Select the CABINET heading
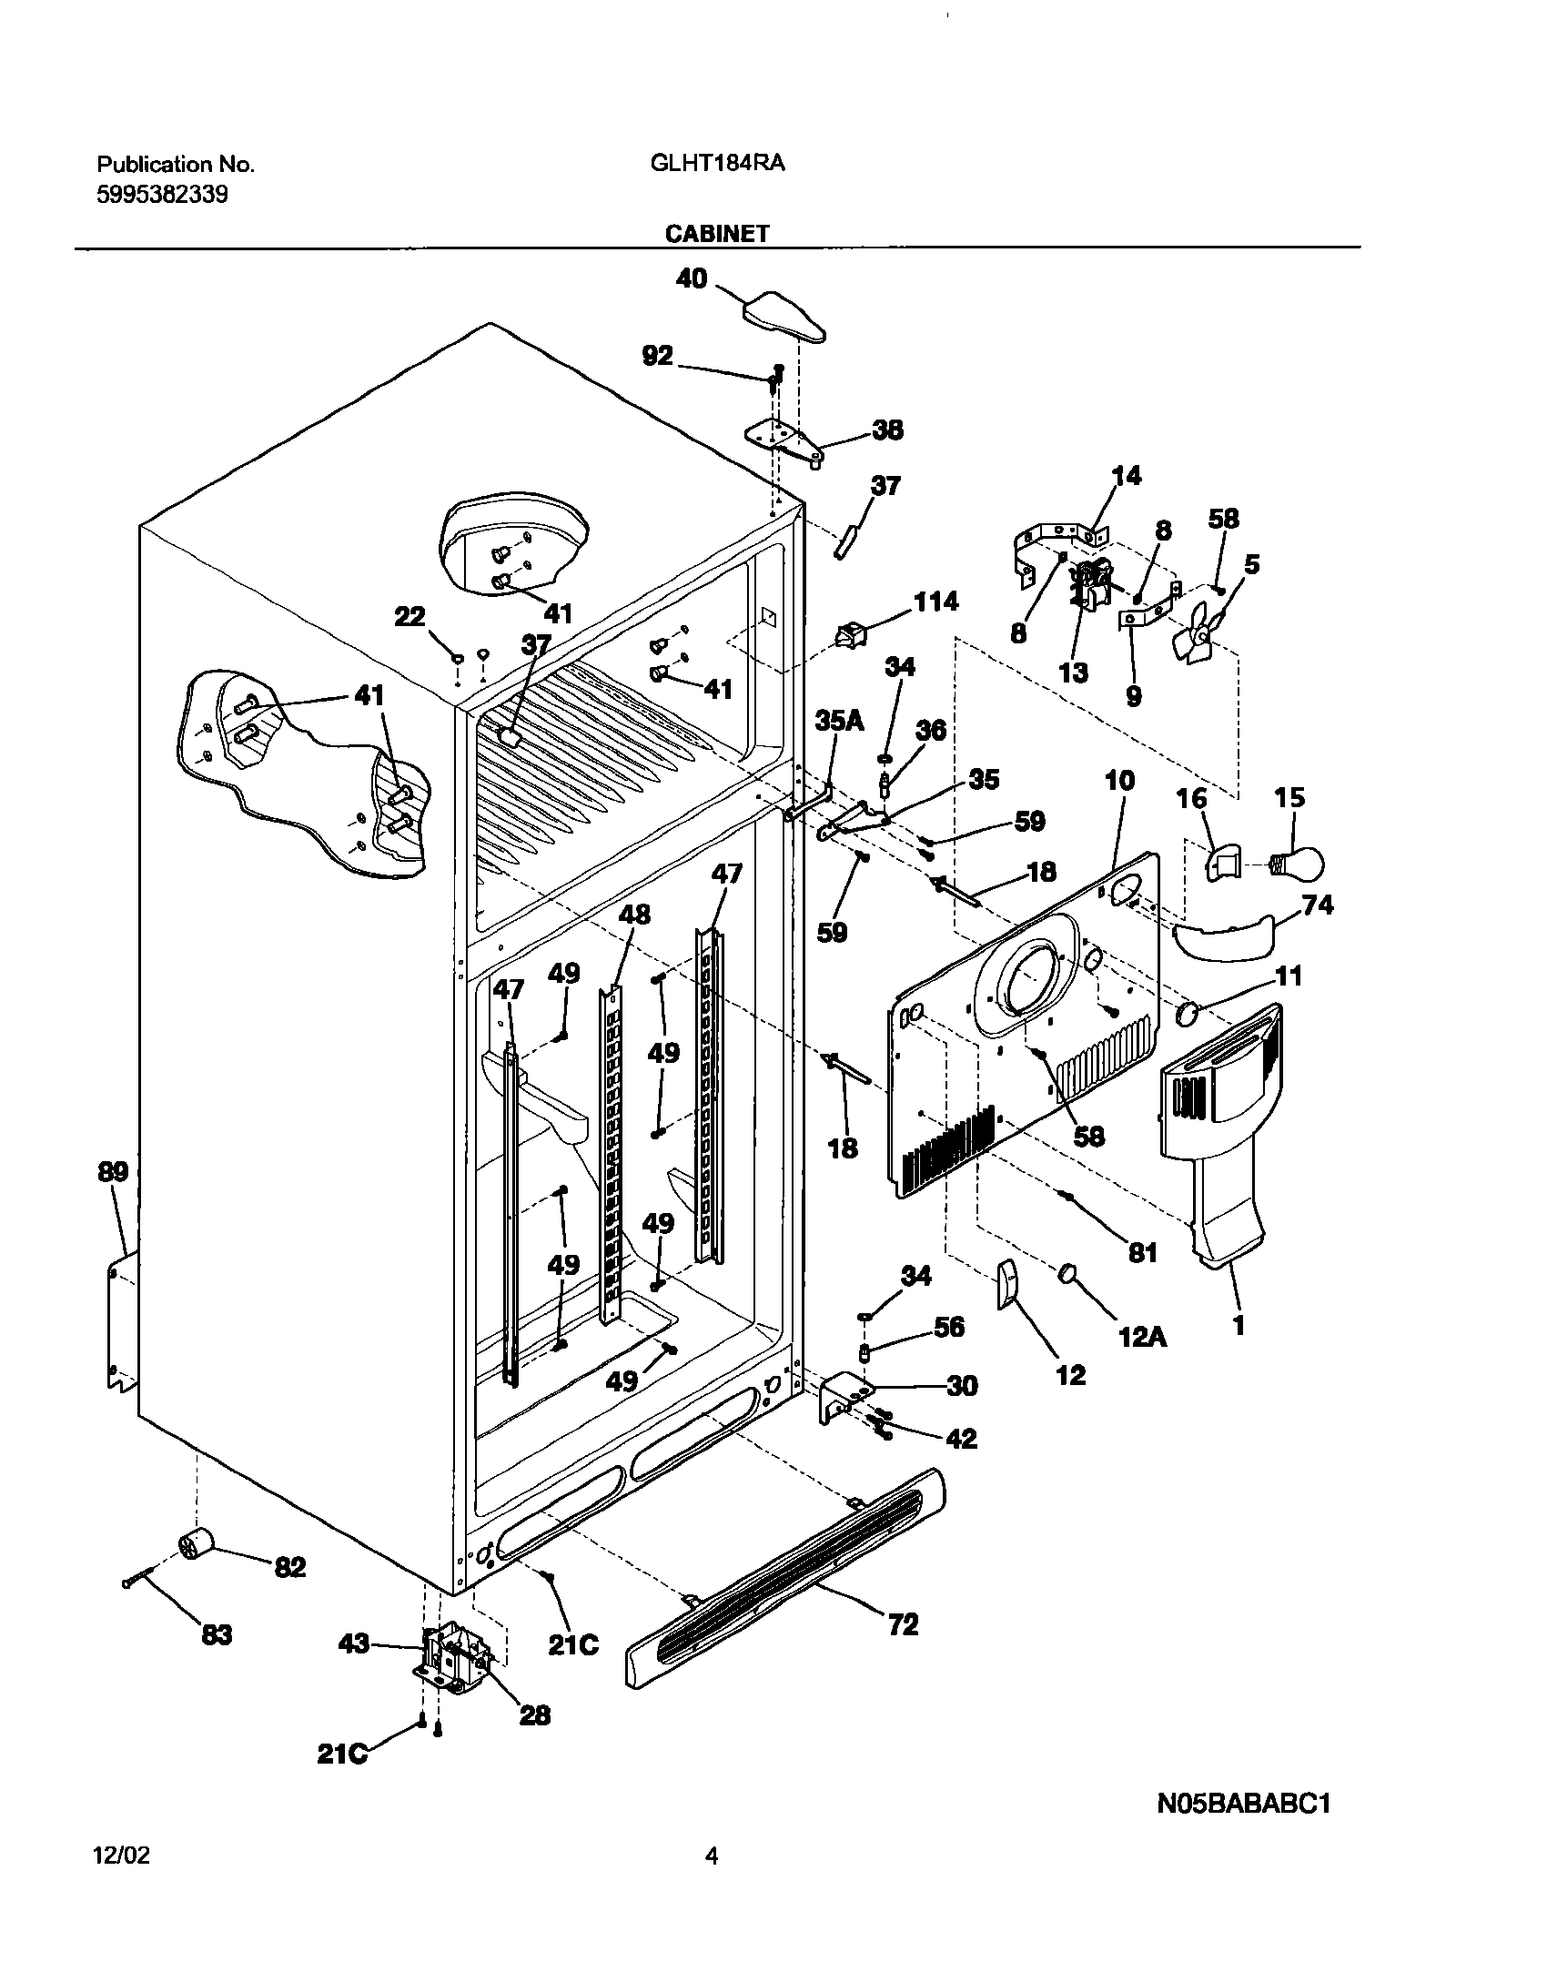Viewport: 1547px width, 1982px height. pyautogui.click(x=717, y=234)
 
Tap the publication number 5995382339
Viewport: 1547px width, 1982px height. pyautogui.click(x=162, y=195)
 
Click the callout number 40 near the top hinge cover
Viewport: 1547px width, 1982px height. pyautogui.click(x=692, y=278)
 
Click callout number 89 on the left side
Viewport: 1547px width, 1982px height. pyautogui.click(x=113, y=1172)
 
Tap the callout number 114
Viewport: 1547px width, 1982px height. pyautogui.click(x=935, y=602)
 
